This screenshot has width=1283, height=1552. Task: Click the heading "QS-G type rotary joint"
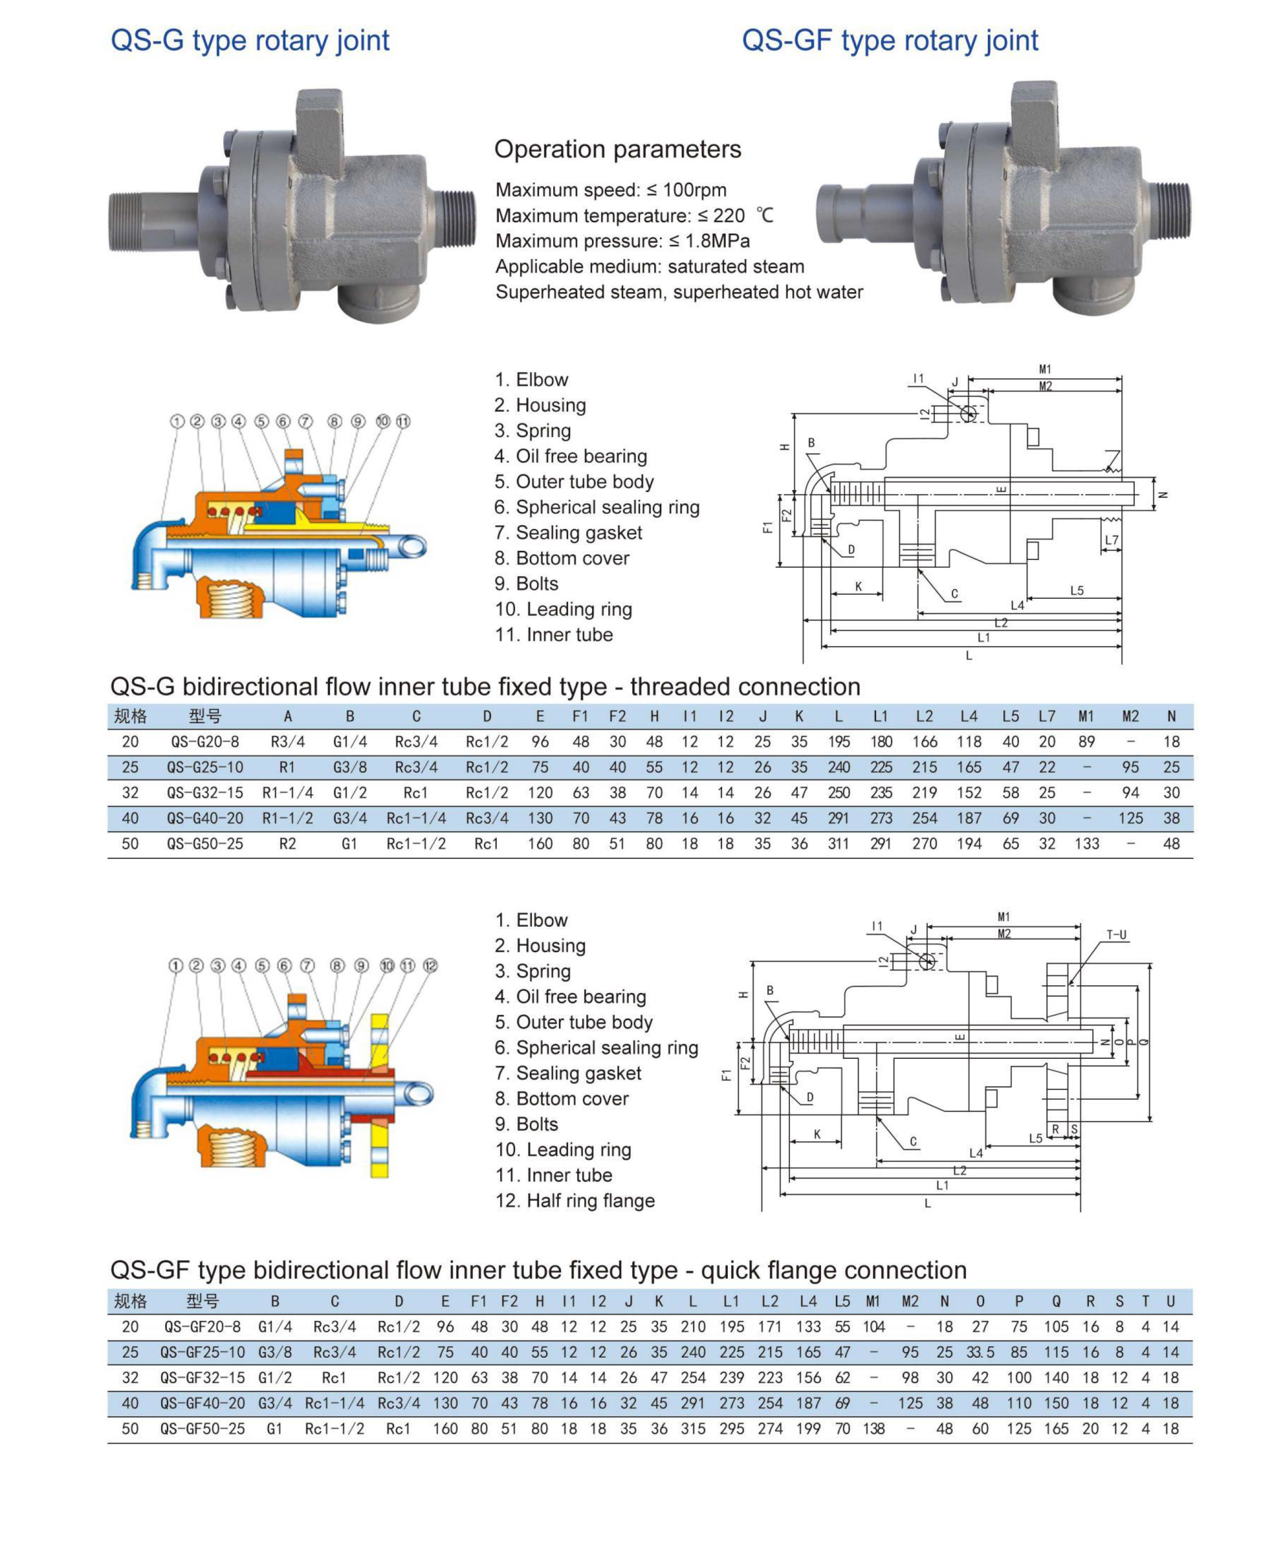pyautogui.click(x=250, y=40)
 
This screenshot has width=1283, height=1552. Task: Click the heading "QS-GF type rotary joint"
pyautogui.click(x=890, y=40)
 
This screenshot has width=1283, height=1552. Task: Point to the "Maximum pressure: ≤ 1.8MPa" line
pyautogui.click(x=622, y=241)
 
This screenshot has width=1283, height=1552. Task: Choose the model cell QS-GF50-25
pyautogui.click(x=203, y=1429)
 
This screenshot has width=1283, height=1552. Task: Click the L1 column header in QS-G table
pyautogui.click(x=880, y=716)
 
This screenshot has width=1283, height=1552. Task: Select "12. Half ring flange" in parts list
pyautogui.click(x=575, y=1200)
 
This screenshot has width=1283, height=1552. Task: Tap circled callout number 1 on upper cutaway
pyautogui.click(x=177, y=421)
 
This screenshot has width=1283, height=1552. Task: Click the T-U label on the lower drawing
pyautogui.click(x=1116, y=935)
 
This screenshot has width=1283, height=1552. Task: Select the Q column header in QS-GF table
pyautogui.click(x=1056, y=1301)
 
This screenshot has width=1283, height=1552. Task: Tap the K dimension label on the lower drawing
pyautogui.click(x=817, y=1134)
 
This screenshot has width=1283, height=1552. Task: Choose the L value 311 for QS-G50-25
pyautogui.click(x=838, y=844)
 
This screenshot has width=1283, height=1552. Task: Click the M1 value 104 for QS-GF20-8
pyautogui.click(x=874, y=1327)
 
